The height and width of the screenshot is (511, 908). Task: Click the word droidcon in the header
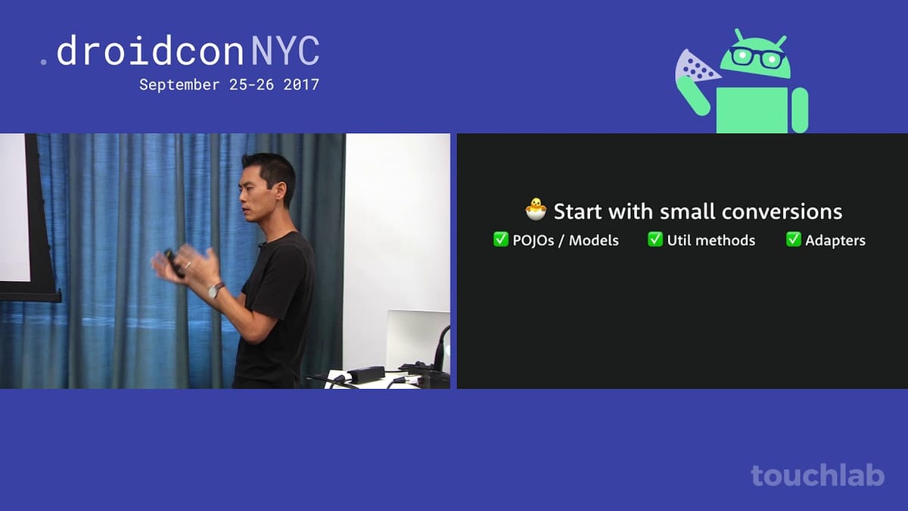click(150, 51)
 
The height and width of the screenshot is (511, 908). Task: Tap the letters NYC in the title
click(285, 51)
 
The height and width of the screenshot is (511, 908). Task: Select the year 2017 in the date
click(301, 85)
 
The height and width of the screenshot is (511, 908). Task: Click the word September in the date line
click(179, 86)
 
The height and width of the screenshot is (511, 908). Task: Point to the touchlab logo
click(818, 475)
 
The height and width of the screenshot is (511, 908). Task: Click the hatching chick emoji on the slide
click(536, 209)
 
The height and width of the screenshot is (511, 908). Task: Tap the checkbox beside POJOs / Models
click(501, 239)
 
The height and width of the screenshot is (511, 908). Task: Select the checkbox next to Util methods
click(655, 239)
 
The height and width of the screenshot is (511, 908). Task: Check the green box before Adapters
click(793, 239)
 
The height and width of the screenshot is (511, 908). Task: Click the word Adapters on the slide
click(835, 241)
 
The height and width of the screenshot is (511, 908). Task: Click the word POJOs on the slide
click(533, 241)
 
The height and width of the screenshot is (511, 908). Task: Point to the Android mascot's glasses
click(757, 58)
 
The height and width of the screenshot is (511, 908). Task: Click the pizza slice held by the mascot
click(696, 67)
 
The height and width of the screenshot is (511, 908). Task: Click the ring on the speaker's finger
click(188, 265)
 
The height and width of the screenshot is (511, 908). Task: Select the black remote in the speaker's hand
click(174, 264)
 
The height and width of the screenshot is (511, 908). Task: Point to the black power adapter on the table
click(366, 373)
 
